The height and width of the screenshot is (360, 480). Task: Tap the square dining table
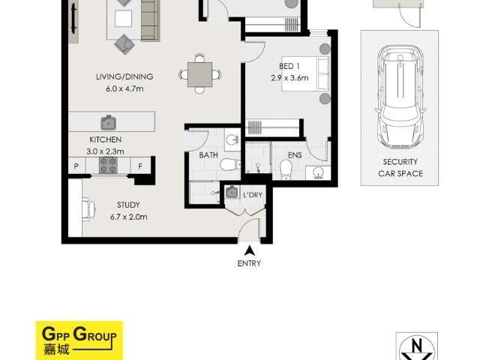pos(199,73)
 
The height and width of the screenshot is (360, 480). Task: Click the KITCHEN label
pos(106,140)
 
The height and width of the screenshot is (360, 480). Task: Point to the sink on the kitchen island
pos(108,122)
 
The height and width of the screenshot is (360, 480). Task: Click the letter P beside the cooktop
pos(76,166)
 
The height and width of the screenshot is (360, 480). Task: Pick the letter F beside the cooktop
pos(140,166)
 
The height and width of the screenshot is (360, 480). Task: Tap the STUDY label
pos(129,204)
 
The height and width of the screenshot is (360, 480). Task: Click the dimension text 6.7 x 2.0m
pos(129,217)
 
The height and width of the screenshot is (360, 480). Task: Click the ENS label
pos(295,155)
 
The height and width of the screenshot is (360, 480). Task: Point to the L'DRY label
pos(253,195)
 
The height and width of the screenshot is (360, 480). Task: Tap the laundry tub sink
pos(232,192)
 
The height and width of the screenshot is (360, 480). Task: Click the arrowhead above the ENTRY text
pos(250,250)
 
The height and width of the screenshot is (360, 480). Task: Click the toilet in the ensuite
pos(286,170)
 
